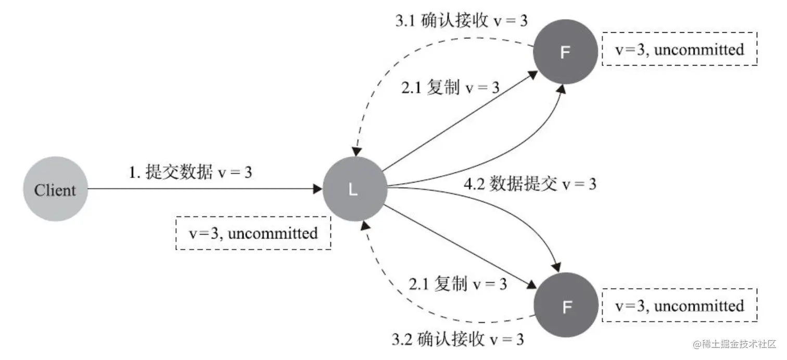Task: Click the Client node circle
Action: pos(56,189)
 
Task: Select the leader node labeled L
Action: pos(355,189)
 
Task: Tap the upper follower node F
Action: pos(565,52)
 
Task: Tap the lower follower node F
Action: pos(566,305)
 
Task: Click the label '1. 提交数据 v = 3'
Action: pos(191,172)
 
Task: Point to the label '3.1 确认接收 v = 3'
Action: pos(461,20)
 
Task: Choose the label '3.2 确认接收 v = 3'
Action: pos(458,339)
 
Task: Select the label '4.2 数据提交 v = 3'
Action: pos(530,184)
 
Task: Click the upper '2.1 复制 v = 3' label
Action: pos(450,87)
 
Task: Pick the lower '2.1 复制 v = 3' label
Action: pos(458,284)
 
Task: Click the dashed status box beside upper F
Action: pos(679,49)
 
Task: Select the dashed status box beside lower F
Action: pos(679,305)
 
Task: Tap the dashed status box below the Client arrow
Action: pos(253,233)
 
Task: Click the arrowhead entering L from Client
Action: pos(318,189)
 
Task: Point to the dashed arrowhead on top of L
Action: pos(357,152)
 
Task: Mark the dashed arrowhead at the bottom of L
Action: pos(365,225)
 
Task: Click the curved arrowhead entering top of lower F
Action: pos(556,267)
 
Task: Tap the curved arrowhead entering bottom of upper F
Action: pos(562,89)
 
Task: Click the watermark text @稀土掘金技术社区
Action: pos(734,344)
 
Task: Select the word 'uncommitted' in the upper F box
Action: pos(699,49)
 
